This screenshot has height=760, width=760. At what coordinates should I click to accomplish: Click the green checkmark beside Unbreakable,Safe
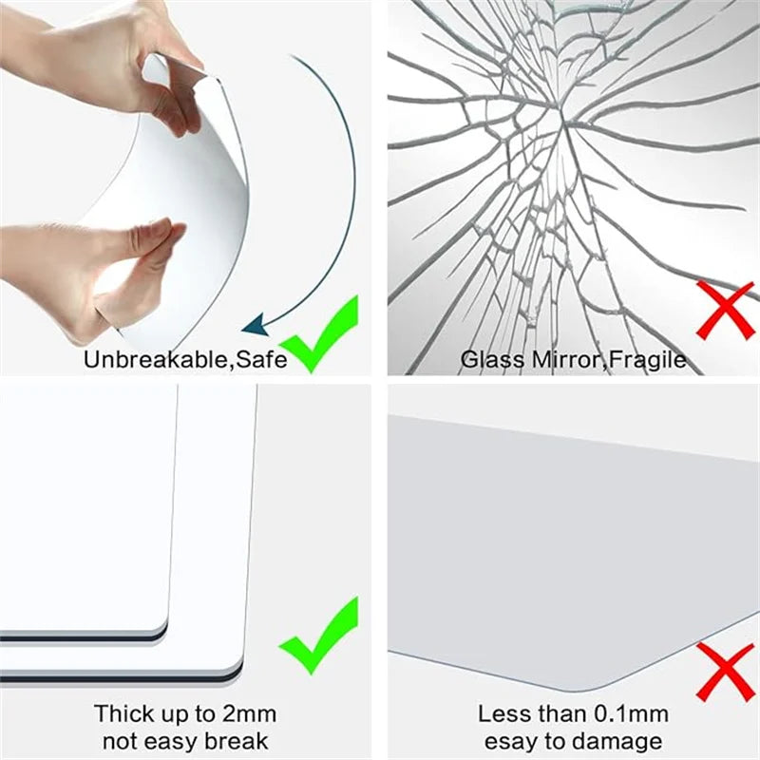coord(321,333)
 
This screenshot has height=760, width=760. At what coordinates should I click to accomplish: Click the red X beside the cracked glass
coord(726,309)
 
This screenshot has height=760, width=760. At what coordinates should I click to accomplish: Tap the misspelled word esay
coord(511,742)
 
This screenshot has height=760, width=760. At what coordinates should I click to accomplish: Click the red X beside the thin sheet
coord(726,671)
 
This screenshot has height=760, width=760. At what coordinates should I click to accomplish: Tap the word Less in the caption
coord(501,713)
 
